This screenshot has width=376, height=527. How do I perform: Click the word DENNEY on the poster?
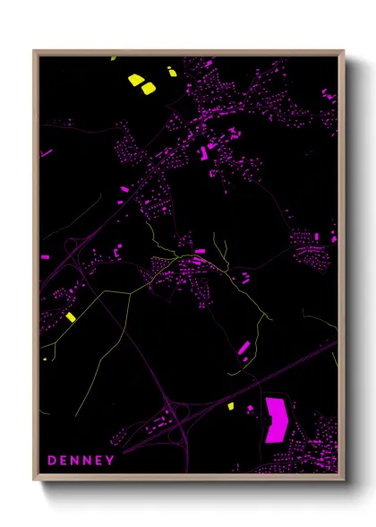tap(81, 461)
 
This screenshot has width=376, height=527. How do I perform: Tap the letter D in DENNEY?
tap(51, 461)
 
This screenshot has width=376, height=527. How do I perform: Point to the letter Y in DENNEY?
tap(110, 461)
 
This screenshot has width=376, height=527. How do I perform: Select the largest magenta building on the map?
tap(278, 419)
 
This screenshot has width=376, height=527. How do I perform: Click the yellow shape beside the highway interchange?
tap(230, 407)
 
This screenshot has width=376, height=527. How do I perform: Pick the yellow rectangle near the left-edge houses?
tap(71, 316)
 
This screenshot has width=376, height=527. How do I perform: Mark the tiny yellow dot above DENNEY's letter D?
tap(44, 359)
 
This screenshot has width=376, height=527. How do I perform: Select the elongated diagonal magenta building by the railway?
tap(243, 346)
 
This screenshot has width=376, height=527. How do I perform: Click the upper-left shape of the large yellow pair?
tap(135, 80)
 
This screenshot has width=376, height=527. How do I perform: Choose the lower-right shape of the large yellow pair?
tap(148, 88)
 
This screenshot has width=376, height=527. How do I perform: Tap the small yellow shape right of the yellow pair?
tap(172, 72)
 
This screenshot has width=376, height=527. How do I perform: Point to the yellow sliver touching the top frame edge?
tap(113, 58)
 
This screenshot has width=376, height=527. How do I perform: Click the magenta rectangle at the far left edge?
tap(45, 257)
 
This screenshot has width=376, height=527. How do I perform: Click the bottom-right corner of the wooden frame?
tap(343, 477)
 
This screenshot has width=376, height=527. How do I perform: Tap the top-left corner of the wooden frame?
tap(34, 51)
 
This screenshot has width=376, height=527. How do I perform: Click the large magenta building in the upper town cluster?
tap(202, 153)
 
